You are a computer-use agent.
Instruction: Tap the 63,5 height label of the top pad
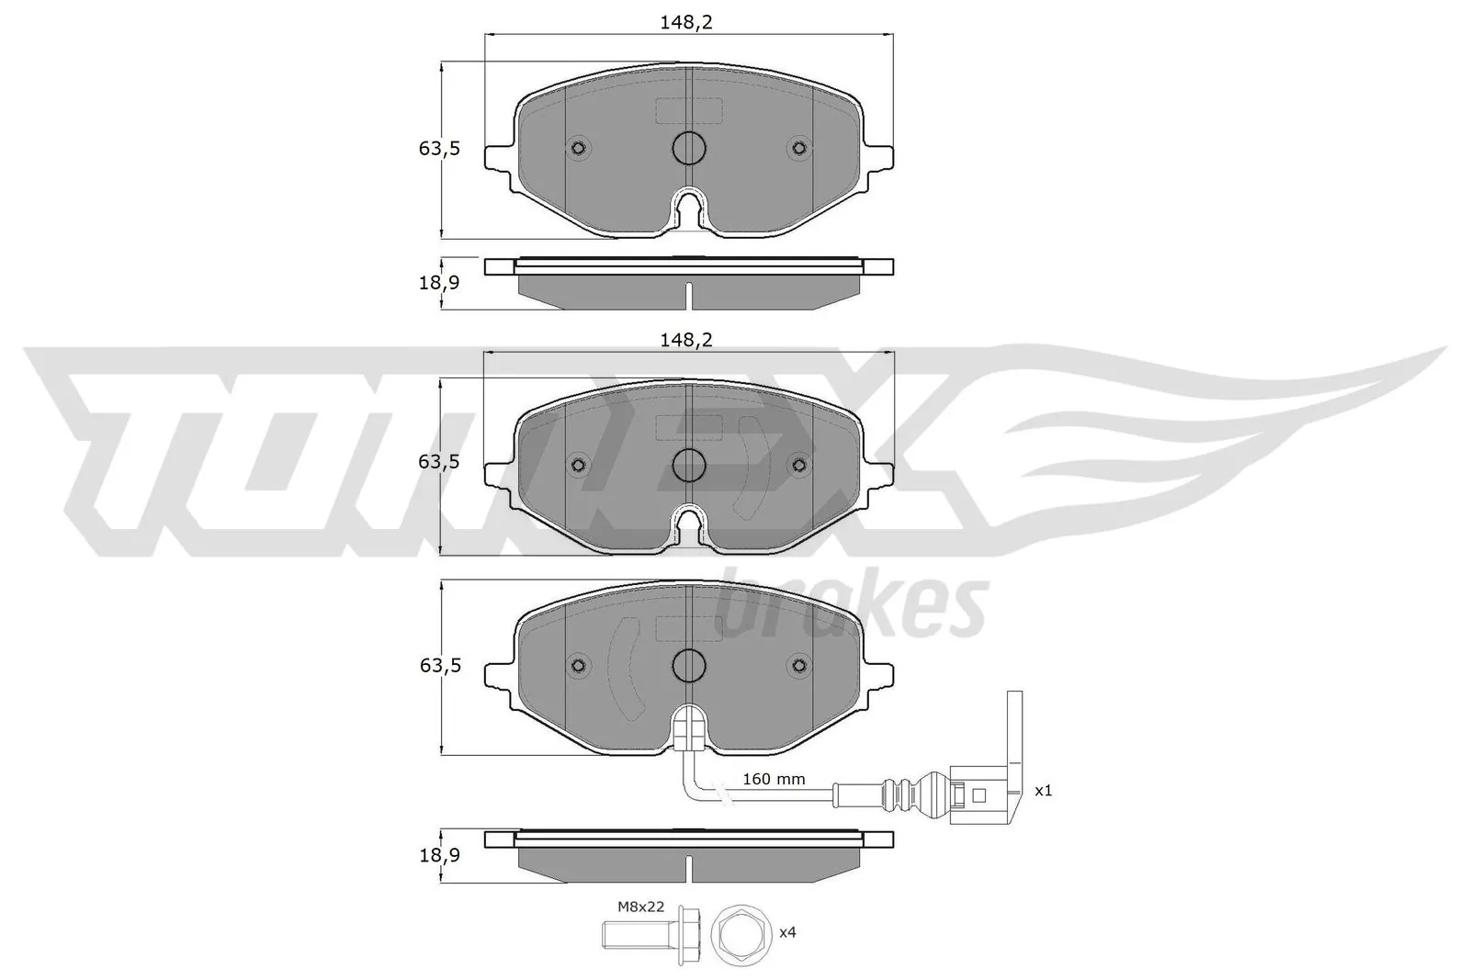[439, 148]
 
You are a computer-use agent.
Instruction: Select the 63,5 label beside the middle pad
[439, 462]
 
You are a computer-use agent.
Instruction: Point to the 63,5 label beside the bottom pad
[439, 665]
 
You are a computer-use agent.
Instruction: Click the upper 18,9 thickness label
[439, 283]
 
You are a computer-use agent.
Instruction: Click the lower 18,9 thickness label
[439, 855]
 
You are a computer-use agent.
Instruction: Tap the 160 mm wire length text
[773, 779]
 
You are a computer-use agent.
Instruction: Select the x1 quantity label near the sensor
[1043, 790]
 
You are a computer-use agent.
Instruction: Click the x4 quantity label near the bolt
[787, 931]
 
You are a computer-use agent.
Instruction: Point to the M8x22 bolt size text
[640, 907]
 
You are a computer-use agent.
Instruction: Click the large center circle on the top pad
[688, 148]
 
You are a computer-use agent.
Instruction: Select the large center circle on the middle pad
[688, 466]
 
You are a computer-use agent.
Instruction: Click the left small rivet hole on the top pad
[579, 148]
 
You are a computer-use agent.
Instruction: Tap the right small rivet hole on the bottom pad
[798, 665]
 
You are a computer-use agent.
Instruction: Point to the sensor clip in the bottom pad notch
[688, 733]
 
